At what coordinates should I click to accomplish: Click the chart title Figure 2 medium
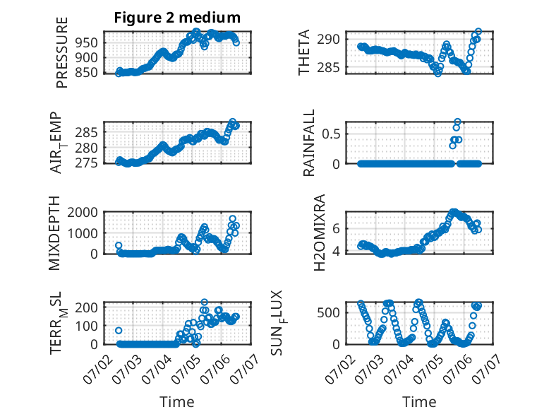(177, 18)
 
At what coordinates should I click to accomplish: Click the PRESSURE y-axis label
(61, 52)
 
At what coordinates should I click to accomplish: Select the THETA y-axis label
(304, 52)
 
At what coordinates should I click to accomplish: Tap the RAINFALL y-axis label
(309, 143)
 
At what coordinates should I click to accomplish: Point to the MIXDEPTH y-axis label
(54, 233)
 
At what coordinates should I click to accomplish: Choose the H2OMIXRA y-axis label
(320, 233)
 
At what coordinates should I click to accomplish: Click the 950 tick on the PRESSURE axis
(86, 43)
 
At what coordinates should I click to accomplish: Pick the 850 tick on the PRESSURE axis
(86, 73)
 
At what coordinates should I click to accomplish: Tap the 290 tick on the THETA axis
(328, 39)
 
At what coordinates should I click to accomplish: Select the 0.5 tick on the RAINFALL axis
(331, 134)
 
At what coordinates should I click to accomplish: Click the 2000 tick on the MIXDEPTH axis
(83, 212)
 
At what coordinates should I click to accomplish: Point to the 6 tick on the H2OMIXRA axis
(336, 229)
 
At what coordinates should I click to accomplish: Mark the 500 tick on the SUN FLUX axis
(328, 313)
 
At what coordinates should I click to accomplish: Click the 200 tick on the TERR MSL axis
(86, 307)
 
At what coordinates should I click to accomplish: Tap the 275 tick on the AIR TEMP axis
(86, 163)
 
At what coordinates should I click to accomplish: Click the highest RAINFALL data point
(457, 122)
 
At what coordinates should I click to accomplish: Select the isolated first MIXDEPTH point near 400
(119, 245)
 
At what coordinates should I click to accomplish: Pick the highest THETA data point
(478, 32)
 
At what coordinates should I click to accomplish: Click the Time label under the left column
(177, 401)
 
